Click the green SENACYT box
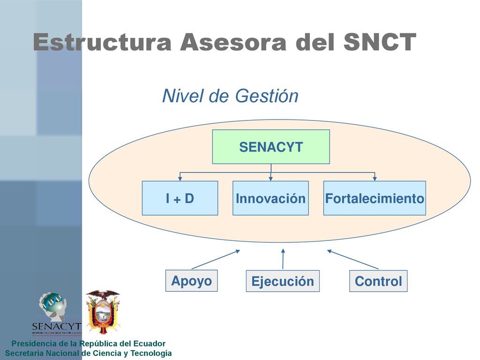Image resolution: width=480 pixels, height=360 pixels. coord(271,147)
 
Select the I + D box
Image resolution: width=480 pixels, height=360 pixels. coord(180,198)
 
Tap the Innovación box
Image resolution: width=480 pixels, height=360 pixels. coord(270,198)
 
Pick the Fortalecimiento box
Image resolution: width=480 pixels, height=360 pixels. coord(375,198)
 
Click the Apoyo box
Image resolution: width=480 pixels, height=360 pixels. coord(192,281)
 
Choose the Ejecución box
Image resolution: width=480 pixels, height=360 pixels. coord(283,281)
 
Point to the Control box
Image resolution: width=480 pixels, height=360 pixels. coord(378,281)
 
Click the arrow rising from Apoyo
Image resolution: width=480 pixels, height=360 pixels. coord(216,260)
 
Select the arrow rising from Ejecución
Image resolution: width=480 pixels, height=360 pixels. coord(283,259)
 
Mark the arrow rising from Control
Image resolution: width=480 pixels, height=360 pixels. coord(352,260)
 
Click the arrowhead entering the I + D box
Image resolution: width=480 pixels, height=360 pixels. coord(180,179)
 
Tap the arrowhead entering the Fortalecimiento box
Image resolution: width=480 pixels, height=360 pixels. coord(375,179)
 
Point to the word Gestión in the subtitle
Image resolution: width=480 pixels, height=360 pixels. coord(267,96)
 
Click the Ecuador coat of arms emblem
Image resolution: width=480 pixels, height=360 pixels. coord(103,312)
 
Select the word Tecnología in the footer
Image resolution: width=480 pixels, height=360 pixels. coord(151,353)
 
